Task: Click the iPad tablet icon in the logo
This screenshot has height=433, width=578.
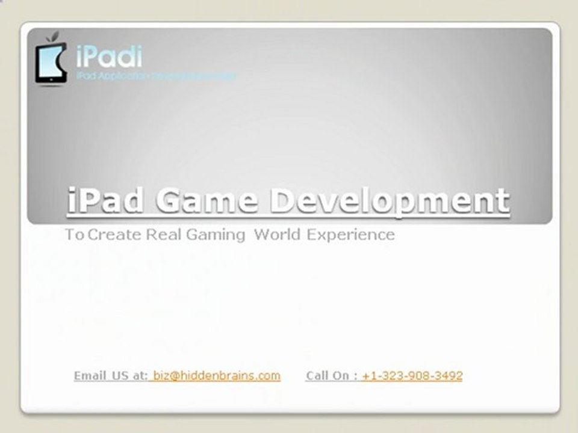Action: coord(51,63)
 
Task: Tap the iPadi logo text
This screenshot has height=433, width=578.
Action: coord(109,57)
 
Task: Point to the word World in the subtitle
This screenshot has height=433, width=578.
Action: coord(277,235)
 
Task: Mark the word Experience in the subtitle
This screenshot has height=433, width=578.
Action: coord(350,235)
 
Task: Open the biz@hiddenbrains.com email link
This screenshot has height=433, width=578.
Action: coord(217,376)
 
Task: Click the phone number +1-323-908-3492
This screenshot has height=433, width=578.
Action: coord(412,376)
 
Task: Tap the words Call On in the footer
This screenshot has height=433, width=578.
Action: coord(328,376)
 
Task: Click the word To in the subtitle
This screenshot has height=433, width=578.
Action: coord(74,235)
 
